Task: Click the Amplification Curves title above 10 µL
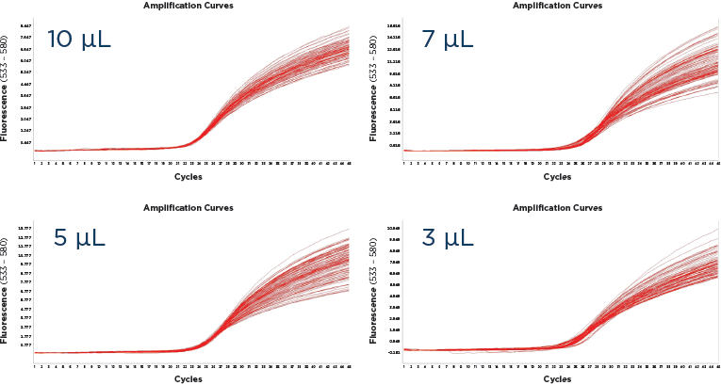188,6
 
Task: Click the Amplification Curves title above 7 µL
556,6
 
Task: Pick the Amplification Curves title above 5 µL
188,206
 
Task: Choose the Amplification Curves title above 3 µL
556,206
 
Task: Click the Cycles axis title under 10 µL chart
188,176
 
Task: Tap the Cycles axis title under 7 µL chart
556,176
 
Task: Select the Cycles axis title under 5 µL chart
188,378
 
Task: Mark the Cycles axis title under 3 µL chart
556,378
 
